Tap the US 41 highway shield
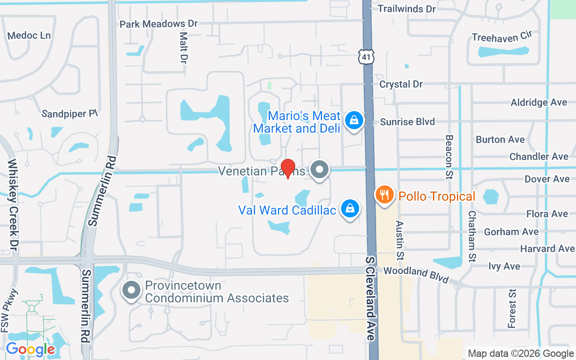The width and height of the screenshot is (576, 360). coord(366,57)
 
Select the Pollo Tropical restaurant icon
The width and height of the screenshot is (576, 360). coord(384,195)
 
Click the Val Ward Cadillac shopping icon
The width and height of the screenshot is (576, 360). coord(350,209)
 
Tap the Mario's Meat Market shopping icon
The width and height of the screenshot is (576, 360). coord(354,121)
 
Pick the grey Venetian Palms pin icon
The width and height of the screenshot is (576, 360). coord(320,170)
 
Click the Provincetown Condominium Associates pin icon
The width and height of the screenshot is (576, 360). coord(131,290)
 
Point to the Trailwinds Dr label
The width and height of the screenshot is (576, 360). coord(407,9)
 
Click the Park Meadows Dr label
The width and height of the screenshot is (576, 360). coord(158,24)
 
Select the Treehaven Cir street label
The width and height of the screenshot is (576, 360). coord(502,37)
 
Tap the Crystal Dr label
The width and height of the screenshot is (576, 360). coord(401,84)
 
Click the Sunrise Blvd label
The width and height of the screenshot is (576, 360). coord(407,121)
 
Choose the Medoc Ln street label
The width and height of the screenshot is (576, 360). coord(29,35)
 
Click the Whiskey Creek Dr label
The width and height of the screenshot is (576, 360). coord(12,204)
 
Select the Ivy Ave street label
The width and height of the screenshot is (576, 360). coord(504,266)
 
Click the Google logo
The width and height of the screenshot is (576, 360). coord(30,349)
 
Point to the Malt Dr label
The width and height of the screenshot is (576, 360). coord(183,47)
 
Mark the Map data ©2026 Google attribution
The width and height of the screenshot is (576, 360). coord(521,353)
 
